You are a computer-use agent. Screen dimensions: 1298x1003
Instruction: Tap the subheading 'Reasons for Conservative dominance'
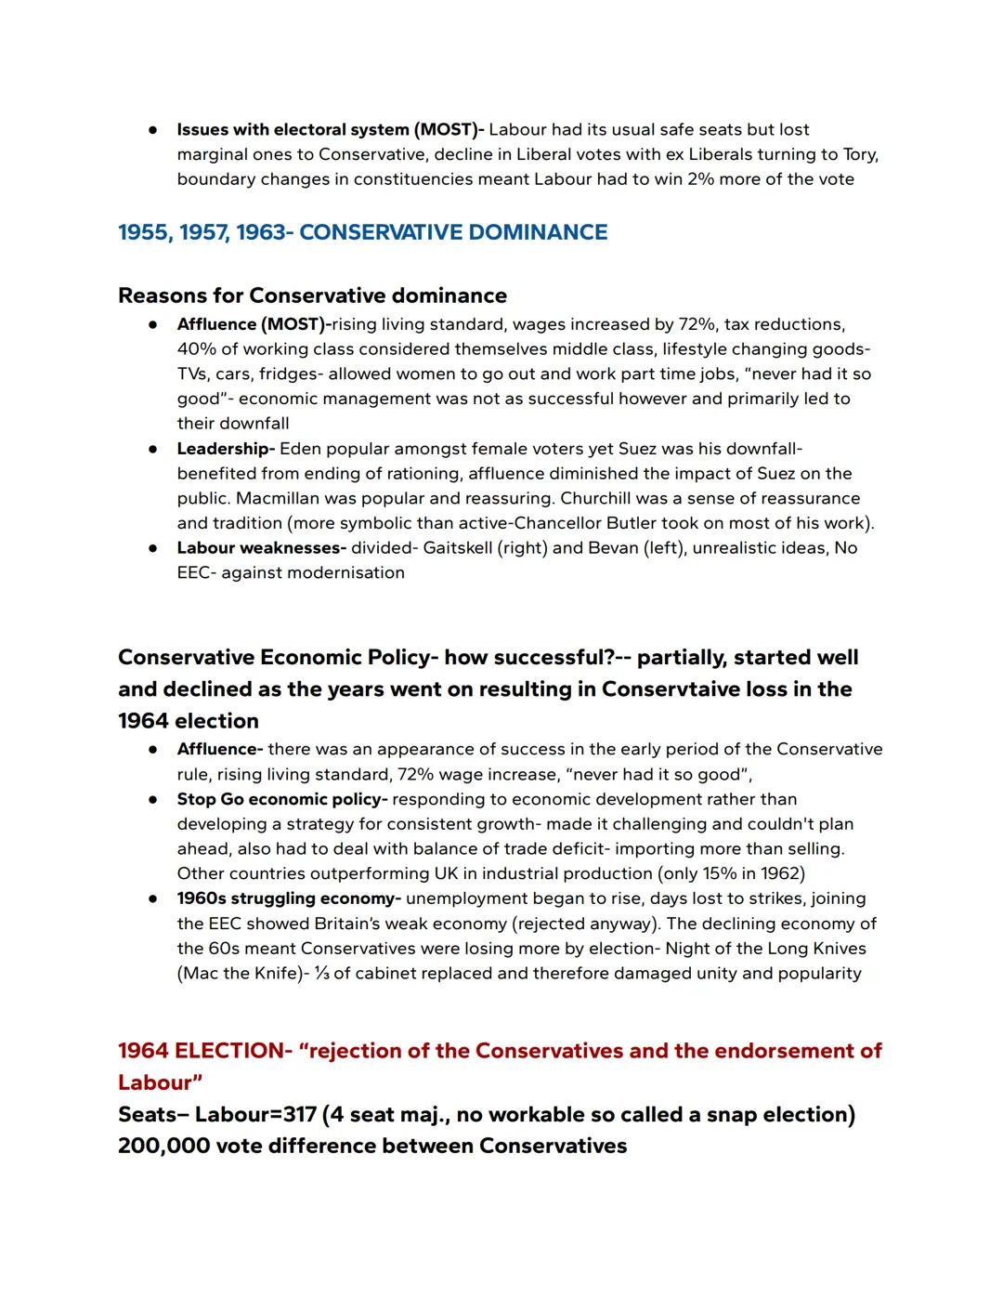tap(312, 295)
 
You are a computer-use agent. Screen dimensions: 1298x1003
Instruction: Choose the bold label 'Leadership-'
tap(226, 449)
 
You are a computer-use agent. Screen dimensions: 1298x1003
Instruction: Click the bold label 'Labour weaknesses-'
tap(261, 548)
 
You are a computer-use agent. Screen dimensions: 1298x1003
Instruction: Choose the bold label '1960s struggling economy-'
tap(289, 898)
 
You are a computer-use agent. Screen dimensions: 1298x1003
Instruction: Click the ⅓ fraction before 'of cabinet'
tap(320, 974)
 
